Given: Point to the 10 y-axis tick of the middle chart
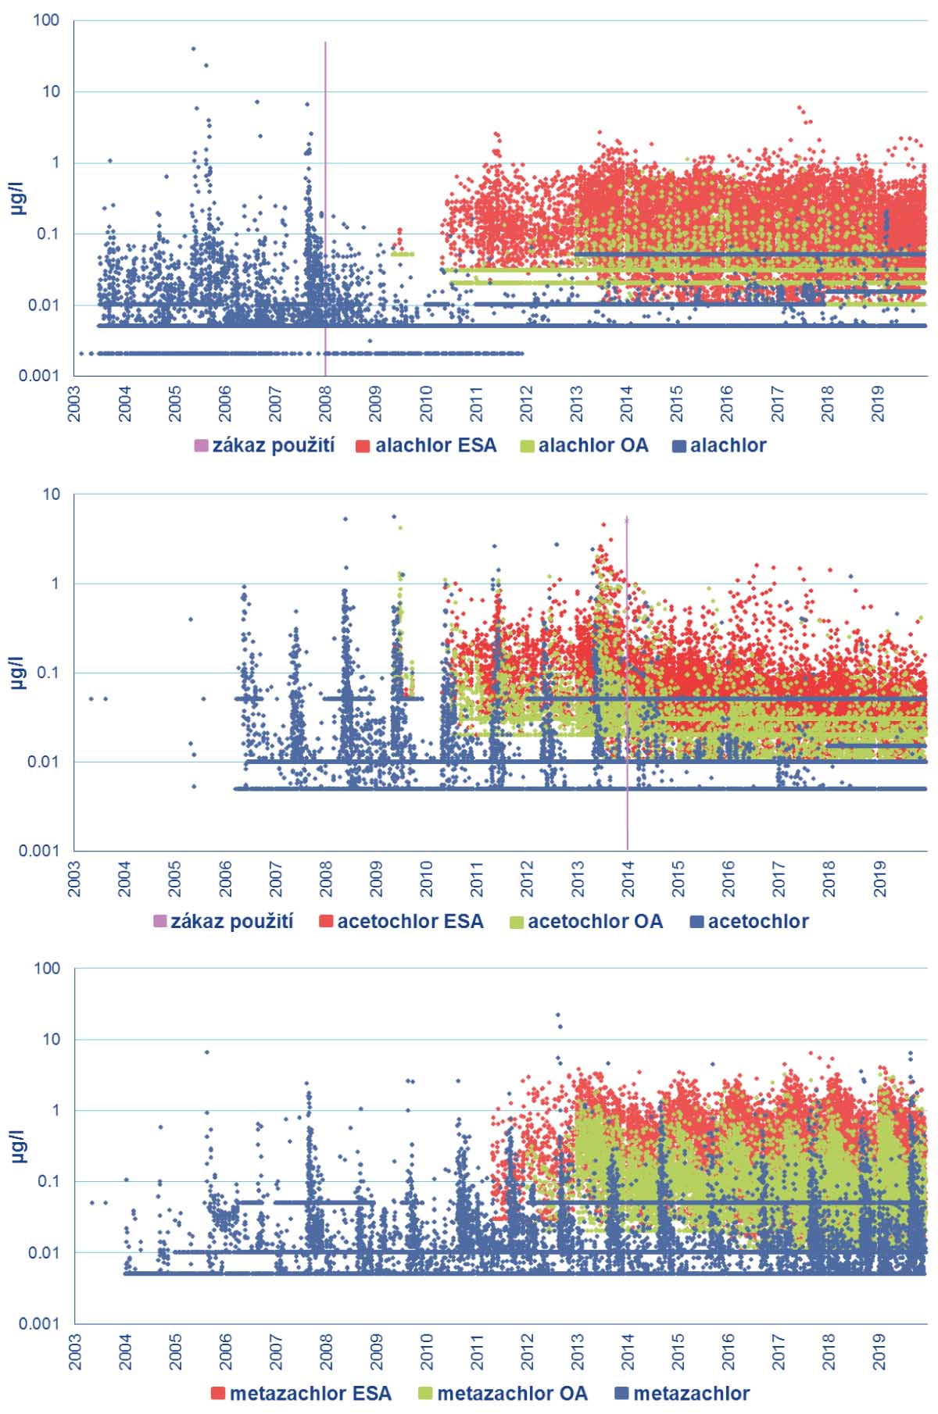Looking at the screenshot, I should tap(52, 495).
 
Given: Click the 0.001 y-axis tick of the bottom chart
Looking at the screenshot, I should tap(39, 1323).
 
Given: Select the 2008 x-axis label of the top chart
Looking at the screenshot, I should tap(325, 403).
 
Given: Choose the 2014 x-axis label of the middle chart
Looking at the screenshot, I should tap(627, 878).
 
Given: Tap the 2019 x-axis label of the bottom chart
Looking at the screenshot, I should tap(879, 1350).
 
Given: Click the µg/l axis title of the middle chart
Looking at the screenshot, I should tap(19, 673).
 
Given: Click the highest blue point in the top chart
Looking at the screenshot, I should tap(194, 48).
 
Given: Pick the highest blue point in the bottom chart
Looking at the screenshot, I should tap(558, 1015).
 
